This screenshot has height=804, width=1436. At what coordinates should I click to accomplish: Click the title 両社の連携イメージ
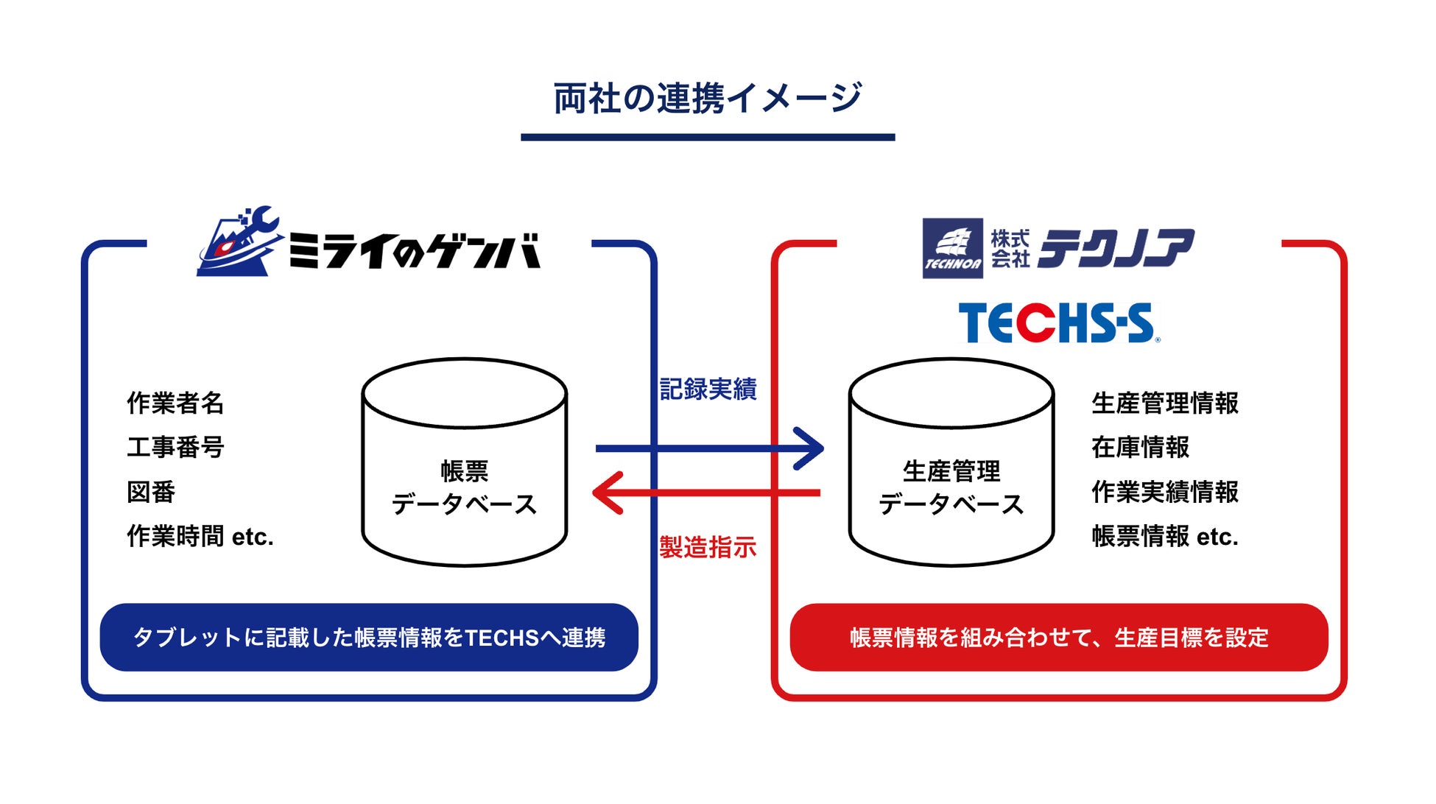click(x=707, y=99)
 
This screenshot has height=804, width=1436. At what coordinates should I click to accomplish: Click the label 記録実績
click(x=708, y=389)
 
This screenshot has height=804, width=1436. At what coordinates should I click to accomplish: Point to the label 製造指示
click(x=708, y=548)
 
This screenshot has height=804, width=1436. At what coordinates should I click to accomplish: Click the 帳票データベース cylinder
click(x=464, y=462)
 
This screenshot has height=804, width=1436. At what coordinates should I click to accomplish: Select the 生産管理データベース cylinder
click(x=951, y=462)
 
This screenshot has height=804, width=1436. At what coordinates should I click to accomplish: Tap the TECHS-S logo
click(x=1058, y=323)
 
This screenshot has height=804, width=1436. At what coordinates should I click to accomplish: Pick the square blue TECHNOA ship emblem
click(x=952, y=248)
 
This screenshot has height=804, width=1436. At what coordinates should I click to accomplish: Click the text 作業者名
click(x=175, y=403)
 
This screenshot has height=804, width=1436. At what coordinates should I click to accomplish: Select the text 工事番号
click(x=175, y=448)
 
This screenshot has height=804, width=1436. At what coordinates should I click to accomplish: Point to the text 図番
click(x=151, y=492)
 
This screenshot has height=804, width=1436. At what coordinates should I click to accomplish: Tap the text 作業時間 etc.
click(x=200, y=537)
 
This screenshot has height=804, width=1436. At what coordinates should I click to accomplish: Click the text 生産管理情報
click(x=1164, y=403)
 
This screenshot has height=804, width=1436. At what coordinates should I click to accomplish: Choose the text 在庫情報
click(x=1140, y=448)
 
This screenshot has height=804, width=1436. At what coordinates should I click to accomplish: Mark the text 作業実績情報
click(x=1164, y=492)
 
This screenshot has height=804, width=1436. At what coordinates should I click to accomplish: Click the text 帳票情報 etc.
click(x=1164, y=537)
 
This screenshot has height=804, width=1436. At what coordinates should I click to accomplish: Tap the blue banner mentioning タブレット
click(x=369, y=638)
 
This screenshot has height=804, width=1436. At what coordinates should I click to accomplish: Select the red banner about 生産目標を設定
click(x=1059, y=638)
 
